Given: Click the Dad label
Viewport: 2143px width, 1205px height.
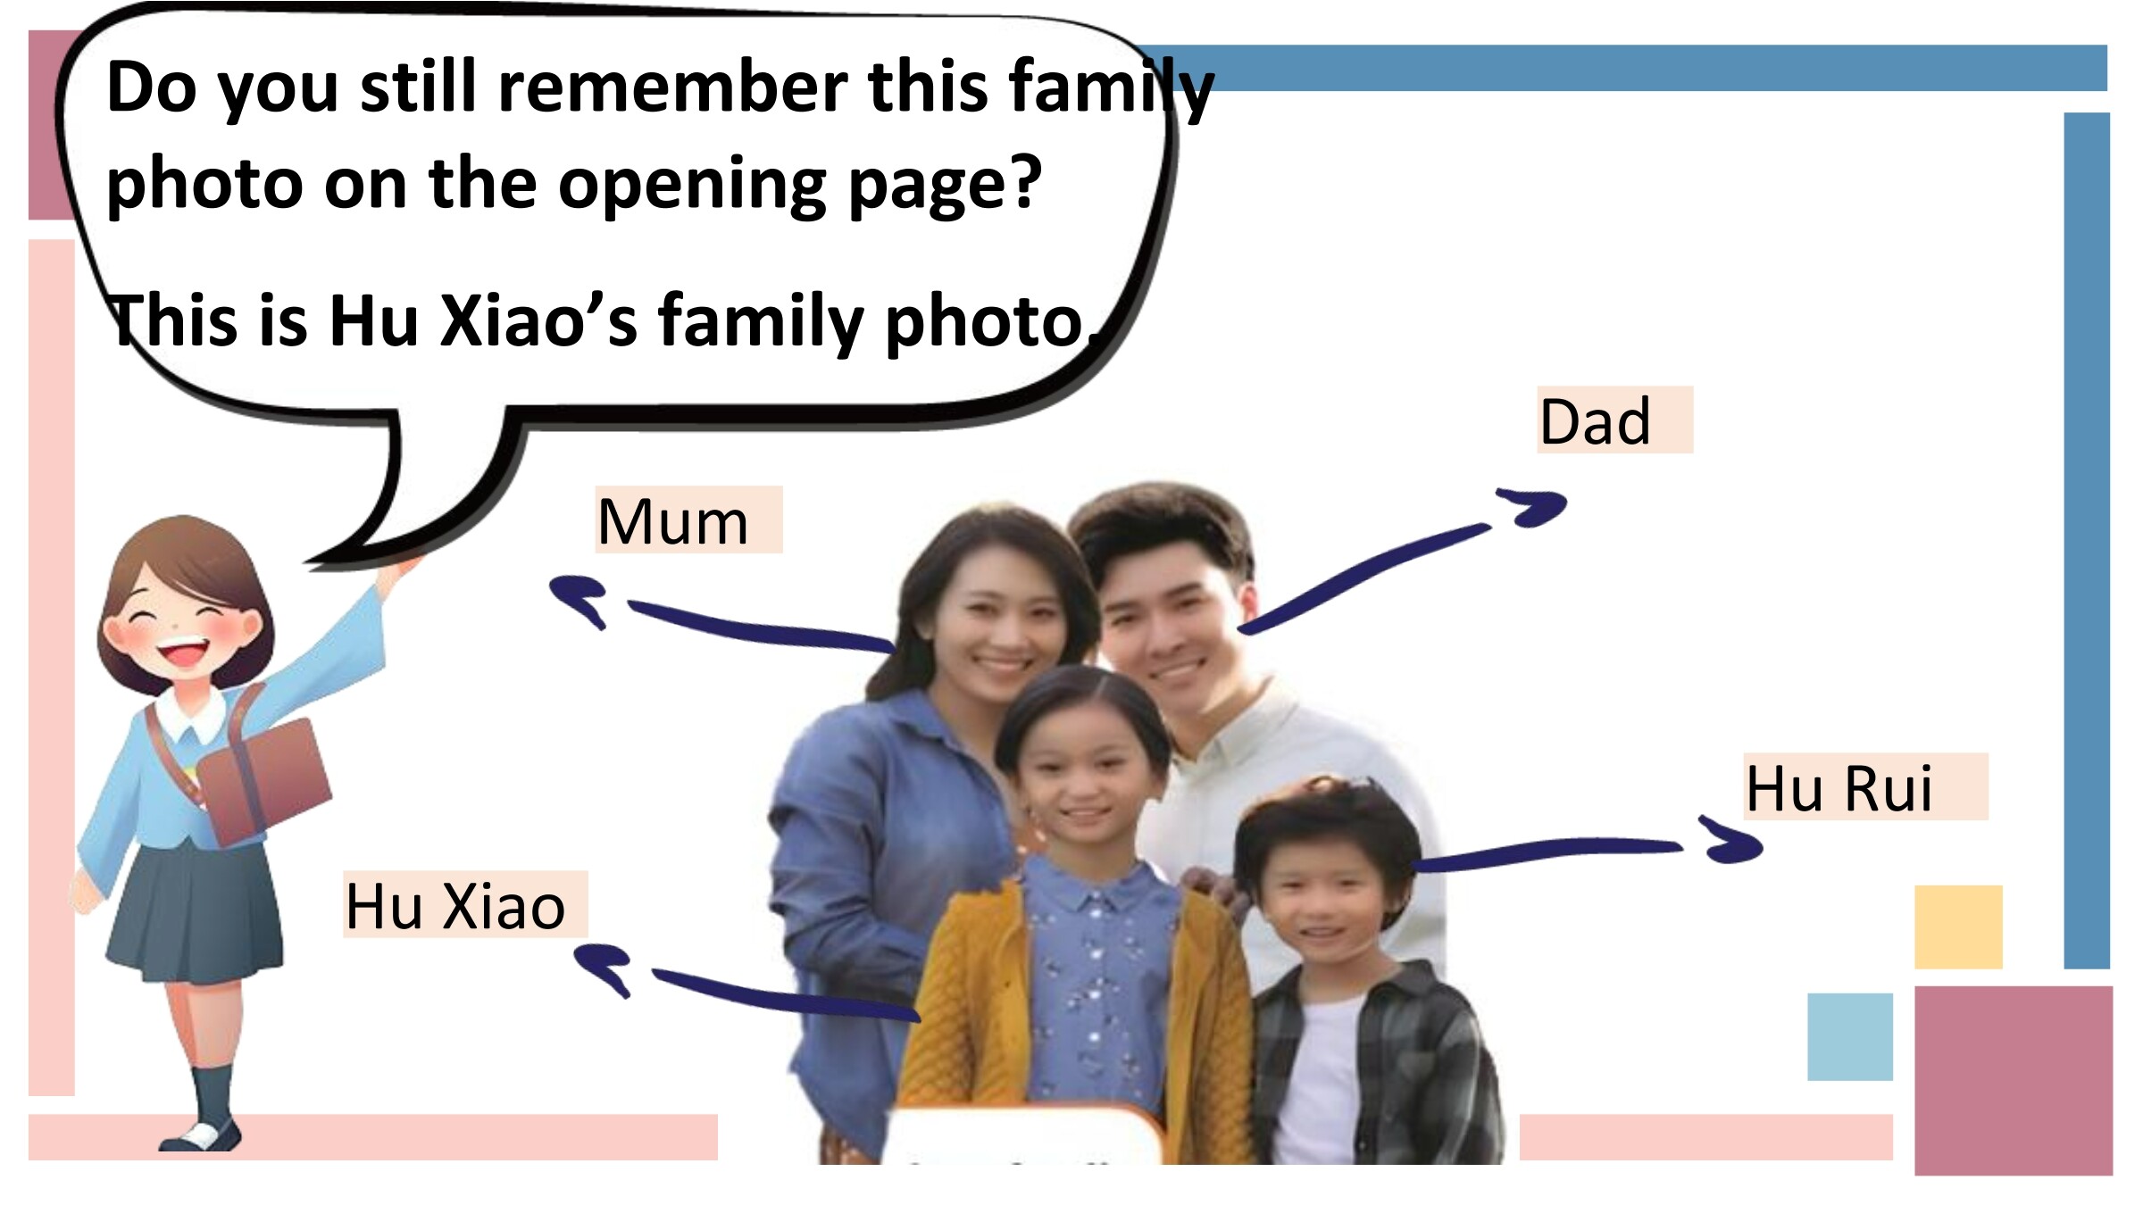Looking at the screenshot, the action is pos(1614,420).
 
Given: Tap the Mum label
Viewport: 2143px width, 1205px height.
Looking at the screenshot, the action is pos(688,520).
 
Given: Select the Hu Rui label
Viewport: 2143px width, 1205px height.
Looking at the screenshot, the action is pos(1865,787).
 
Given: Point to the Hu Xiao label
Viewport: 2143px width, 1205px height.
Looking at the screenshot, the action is pos(465,905).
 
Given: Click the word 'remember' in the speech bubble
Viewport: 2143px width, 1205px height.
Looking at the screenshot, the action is pos(672,88).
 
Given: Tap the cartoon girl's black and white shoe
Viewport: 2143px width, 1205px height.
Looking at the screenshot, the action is pos(201,1135).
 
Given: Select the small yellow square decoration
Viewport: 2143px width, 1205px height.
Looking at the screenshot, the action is pos(1958,927).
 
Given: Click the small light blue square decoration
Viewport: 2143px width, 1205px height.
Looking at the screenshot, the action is pos(1850,1036).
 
